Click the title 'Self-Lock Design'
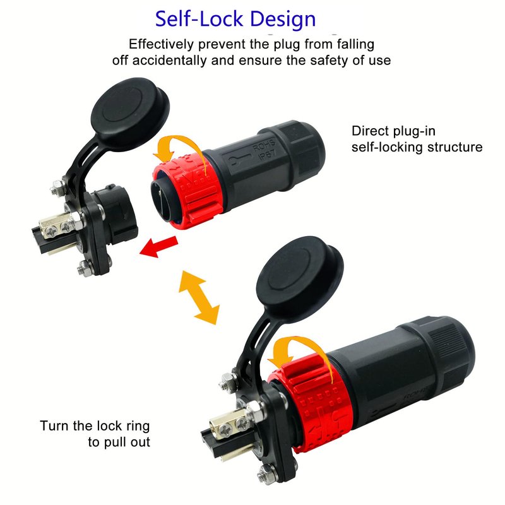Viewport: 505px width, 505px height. point(235,20)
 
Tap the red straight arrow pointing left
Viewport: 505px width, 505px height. point(159,247)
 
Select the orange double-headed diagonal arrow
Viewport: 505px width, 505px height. point(199,297)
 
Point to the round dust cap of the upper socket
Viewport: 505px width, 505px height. point(130,110)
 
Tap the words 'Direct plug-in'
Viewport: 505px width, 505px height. point(393,131)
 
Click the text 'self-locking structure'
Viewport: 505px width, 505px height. point(417,147)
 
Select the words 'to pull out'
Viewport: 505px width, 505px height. point(119,442)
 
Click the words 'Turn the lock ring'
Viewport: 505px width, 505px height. point(95,425)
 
